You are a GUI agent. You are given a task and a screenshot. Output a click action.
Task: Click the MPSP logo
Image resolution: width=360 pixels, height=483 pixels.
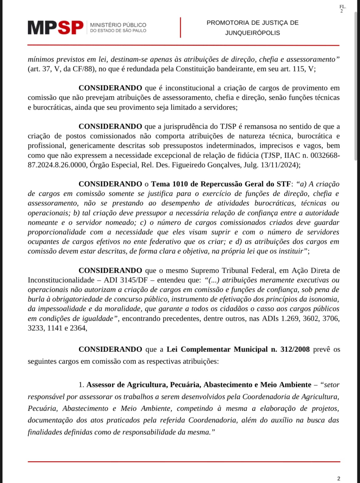pos(55,28)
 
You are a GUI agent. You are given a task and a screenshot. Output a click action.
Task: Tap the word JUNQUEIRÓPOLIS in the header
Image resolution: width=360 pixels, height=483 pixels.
pos(252,33)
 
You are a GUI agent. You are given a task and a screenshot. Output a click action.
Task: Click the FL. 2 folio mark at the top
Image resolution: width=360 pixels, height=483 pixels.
pos(342,9)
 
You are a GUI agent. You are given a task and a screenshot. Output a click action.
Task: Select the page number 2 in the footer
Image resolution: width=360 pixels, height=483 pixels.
pos(339,478)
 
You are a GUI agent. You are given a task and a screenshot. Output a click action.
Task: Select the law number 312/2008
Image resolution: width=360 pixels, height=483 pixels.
pos(295,349)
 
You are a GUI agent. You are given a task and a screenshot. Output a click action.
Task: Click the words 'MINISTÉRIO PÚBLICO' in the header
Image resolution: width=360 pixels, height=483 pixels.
pos(118,25)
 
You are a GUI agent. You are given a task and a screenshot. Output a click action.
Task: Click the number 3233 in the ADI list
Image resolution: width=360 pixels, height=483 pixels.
pos(36,328)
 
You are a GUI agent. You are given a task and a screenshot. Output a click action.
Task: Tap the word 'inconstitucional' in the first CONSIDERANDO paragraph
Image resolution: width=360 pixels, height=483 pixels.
pos(190,88)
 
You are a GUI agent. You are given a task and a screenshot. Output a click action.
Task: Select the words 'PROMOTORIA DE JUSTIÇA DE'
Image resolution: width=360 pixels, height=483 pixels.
pos(252,23)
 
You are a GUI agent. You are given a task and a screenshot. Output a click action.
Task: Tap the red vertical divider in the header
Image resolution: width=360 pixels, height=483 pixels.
pos(180,27)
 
